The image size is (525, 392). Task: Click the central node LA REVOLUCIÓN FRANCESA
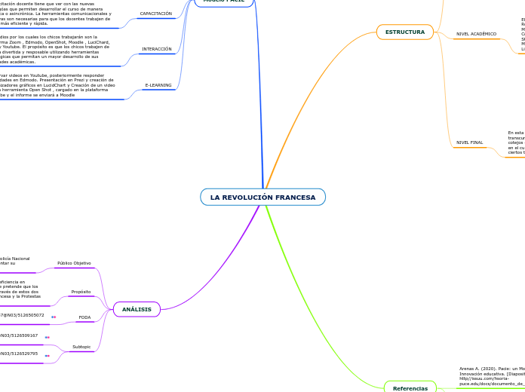pyautogui.click(x=262, y=197)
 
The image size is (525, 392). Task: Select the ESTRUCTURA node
pyautogui.click(x=404, y=32)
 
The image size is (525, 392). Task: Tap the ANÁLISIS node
pyautogui.click(x=137, y=309)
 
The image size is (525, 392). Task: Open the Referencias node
pyautogui.click(x=410, y=387)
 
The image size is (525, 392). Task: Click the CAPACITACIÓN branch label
pyautogui.click(x=156, y=14)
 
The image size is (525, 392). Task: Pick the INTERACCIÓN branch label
pyautogui.click(x=157, y=49)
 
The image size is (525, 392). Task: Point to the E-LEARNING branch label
pyautogui.click(x=158, y=86)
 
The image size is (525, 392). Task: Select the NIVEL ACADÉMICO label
pyautogui.click(x=476, y=34)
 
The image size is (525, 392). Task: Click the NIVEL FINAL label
pyautogui.click(x=469, y=142)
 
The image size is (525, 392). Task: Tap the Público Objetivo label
pyautogui.click(x=74, y=263)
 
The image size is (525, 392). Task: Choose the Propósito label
pyautogui.click(x=81, y=292)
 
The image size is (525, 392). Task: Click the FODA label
pyautogui.click(x=84, y=317)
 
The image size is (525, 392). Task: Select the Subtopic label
pyautogui.click(x=81, y=347)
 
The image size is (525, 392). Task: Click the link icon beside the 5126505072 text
pyautogui.click(x=54, y=317)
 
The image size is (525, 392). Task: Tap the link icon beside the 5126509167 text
pyautogui.click(x=48, y=337)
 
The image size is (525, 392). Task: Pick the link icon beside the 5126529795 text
pyautogui.click(x=48, y=355)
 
